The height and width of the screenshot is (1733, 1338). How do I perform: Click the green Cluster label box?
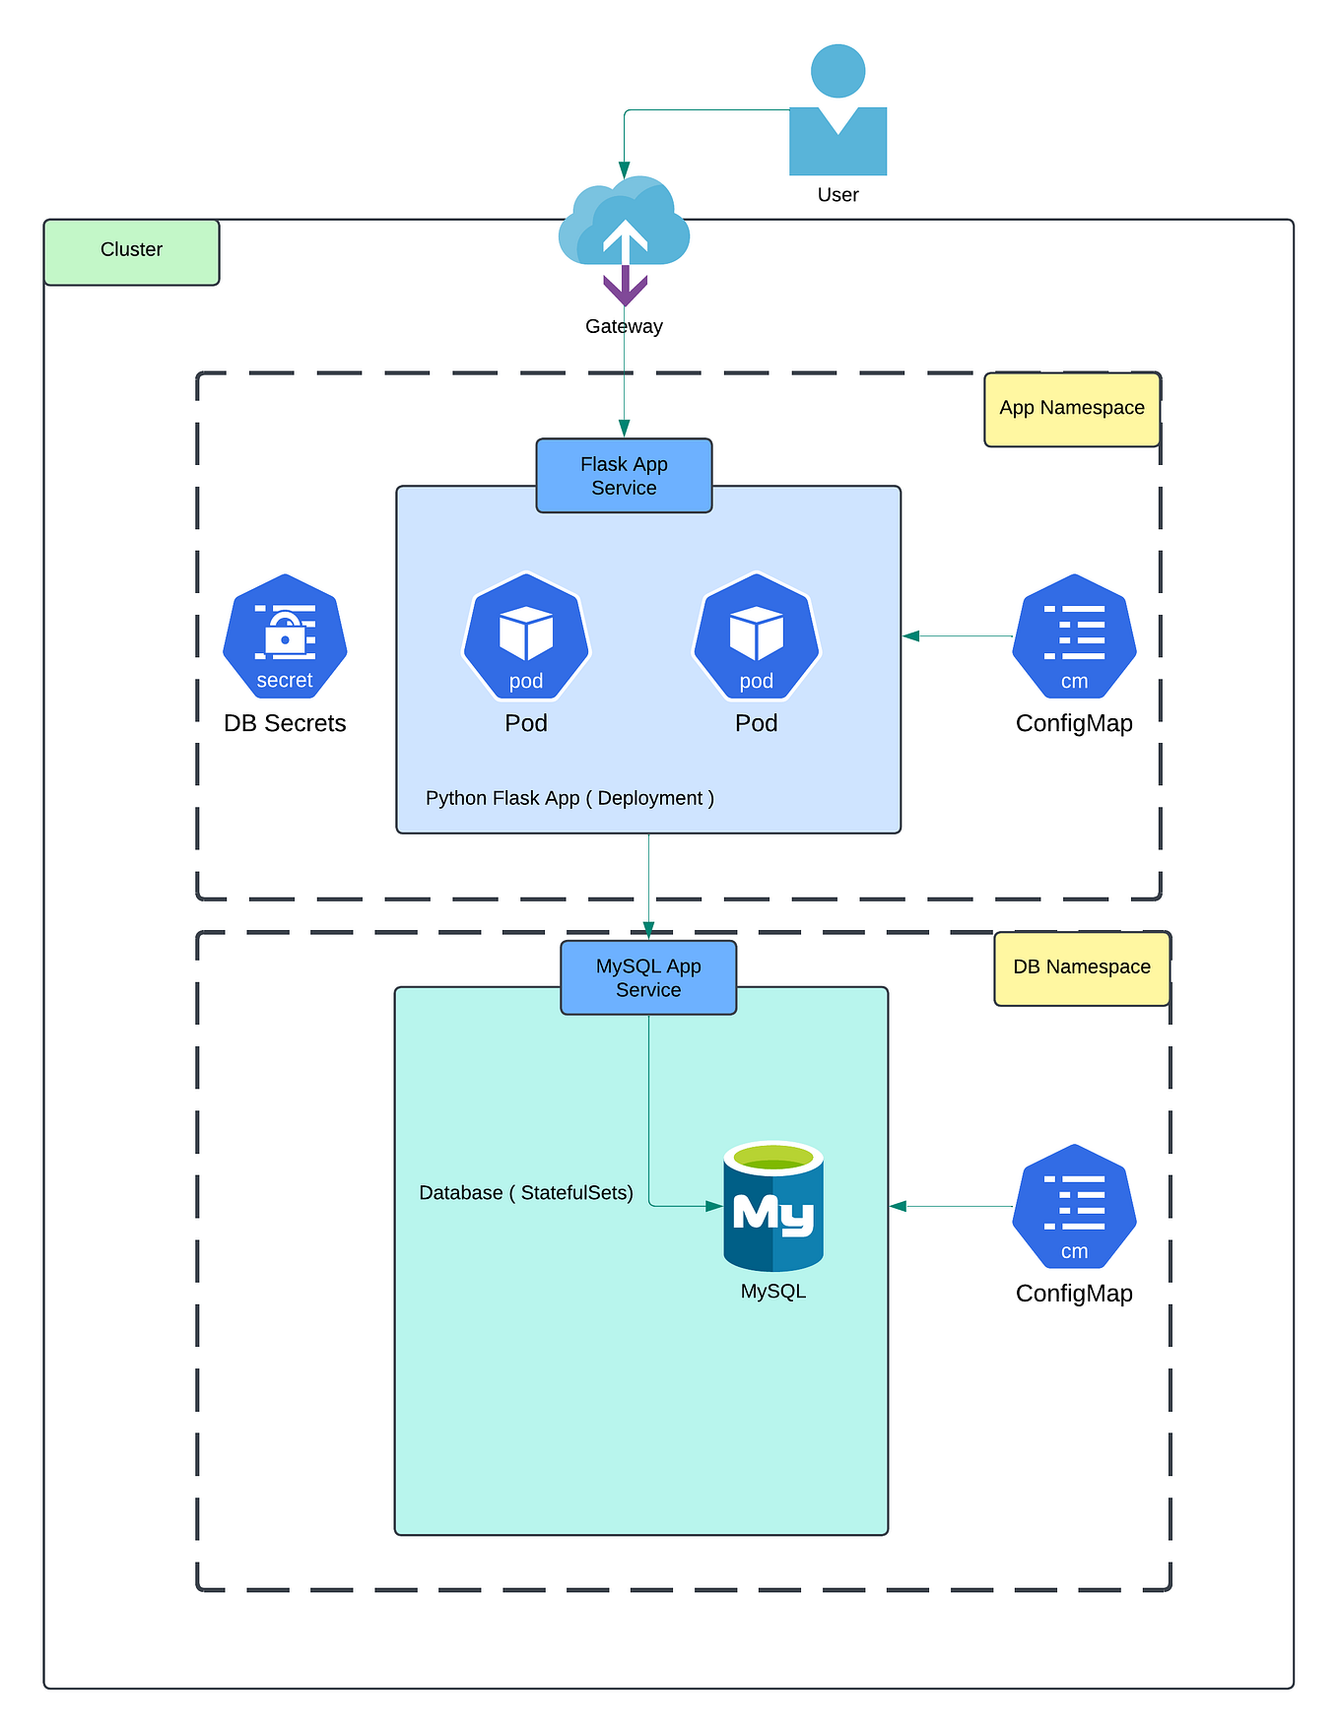131,251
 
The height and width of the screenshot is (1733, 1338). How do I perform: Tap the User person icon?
837,113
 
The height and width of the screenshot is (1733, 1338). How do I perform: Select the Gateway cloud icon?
624,225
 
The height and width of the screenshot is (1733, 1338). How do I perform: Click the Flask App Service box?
624,476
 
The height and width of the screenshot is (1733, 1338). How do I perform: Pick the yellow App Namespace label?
1072,409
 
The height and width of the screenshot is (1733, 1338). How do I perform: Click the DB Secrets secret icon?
285,636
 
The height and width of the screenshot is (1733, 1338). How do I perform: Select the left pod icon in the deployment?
526,636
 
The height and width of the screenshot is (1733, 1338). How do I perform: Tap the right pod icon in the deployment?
757,636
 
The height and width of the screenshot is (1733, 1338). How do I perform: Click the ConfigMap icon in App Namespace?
1074,636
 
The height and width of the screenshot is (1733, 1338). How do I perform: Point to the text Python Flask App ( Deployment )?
569,798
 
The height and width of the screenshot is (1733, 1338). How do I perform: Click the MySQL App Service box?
648,977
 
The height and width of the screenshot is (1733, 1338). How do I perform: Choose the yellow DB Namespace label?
1082,967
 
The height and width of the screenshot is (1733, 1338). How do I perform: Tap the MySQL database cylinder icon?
773,1206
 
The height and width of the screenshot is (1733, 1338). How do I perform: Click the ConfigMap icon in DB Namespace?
1074,1207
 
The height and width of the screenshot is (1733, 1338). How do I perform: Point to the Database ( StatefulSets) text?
526,1193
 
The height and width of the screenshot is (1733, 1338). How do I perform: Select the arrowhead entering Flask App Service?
624,429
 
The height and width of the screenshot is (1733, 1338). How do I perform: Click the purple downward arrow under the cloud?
625,288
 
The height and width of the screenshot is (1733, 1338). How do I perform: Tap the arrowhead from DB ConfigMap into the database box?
898,1206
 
